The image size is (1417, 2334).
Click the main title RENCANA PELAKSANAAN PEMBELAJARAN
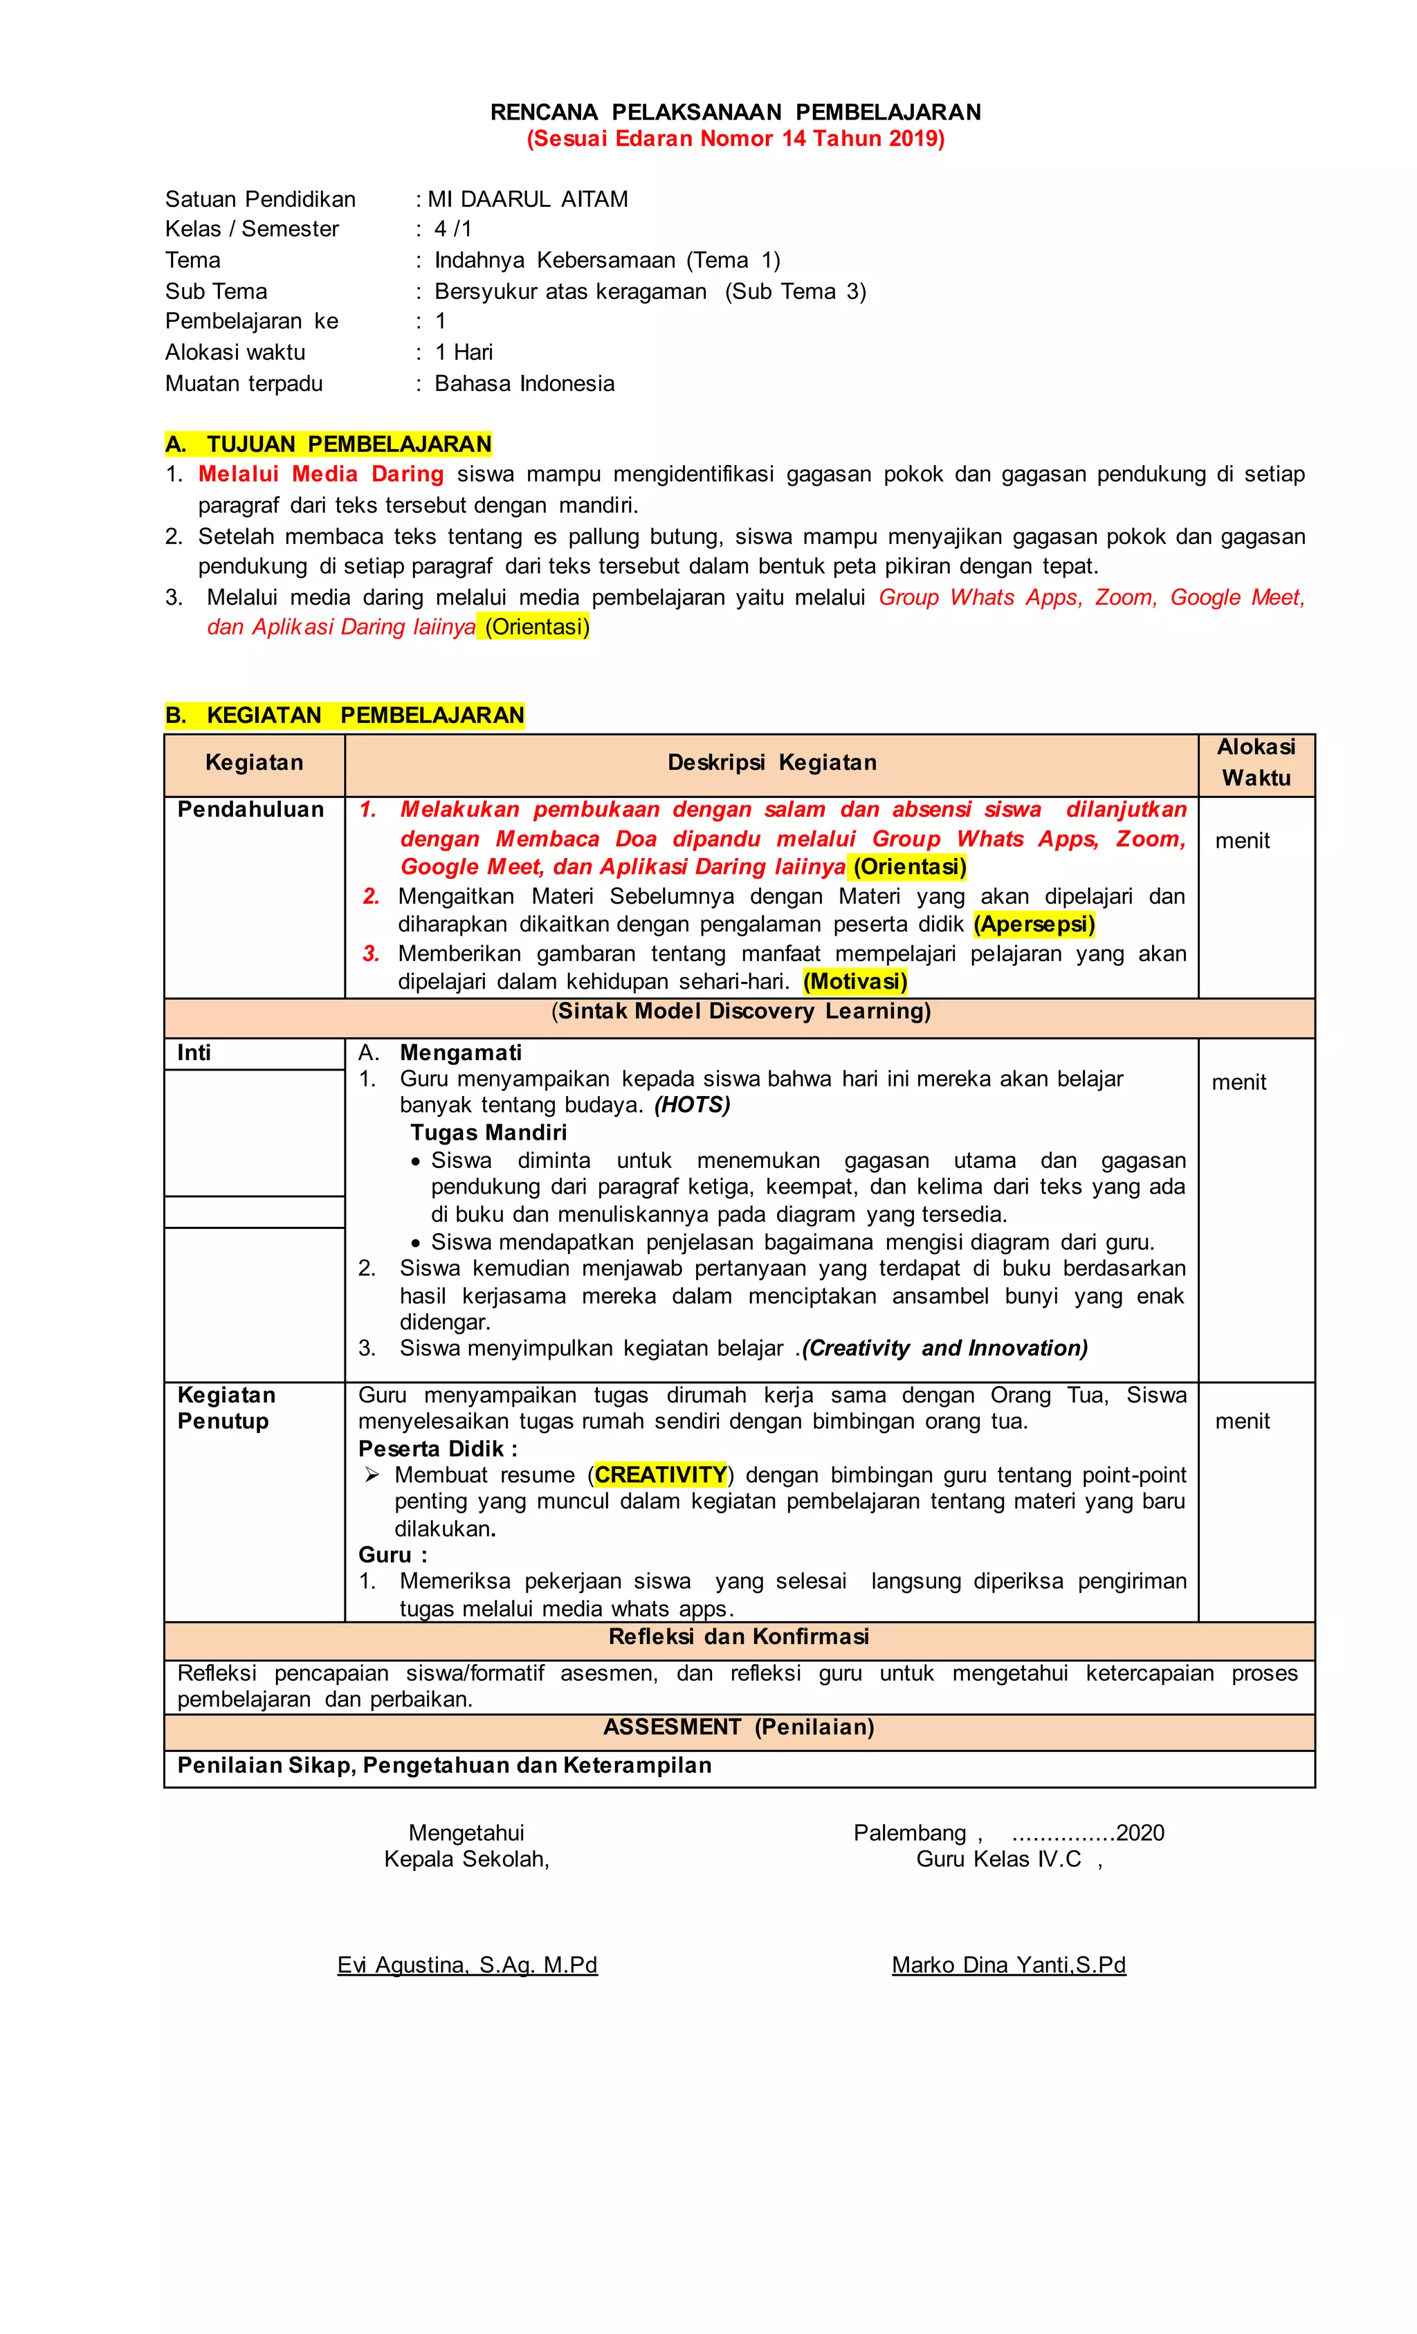[x=735, y=112]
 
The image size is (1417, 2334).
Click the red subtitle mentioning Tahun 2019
[x=735, y=138]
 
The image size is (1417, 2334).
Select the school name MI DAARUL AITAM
[x=528, y=199]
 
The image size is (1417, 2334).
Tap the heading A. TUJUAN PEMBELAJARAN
[x=329, y=444]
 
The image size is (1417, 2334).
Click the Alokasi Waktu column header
[x=1255, y=762]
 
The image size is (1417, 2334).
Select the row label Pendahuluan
[x=250, y=809]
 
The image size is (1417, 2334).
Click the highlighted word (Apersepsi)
[x=1034, y=924]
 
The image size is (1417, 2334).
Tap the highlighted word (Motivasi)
[x=854, y=981]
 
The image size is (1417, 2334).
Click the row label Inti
[x=194, y=1052]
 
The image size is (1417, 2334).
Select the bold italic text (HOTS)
[x=691, y=1104]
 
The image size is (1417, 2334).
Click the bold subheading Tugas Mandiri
[x=488, y=1132]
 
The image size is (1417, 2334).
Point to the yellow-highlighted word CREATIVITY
[x=660, y=1474]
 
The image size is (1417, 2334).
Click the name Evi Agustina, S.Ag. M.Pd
[x=467, y=1964]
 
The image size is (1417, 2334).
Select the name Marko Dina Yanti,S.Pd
[x=1008, y=1964]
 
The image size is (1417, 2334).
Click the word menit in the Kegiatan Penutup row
[x=1242, y=1421]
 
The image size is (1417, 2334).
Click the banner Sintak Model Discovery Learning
[x=741, y=1011]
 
